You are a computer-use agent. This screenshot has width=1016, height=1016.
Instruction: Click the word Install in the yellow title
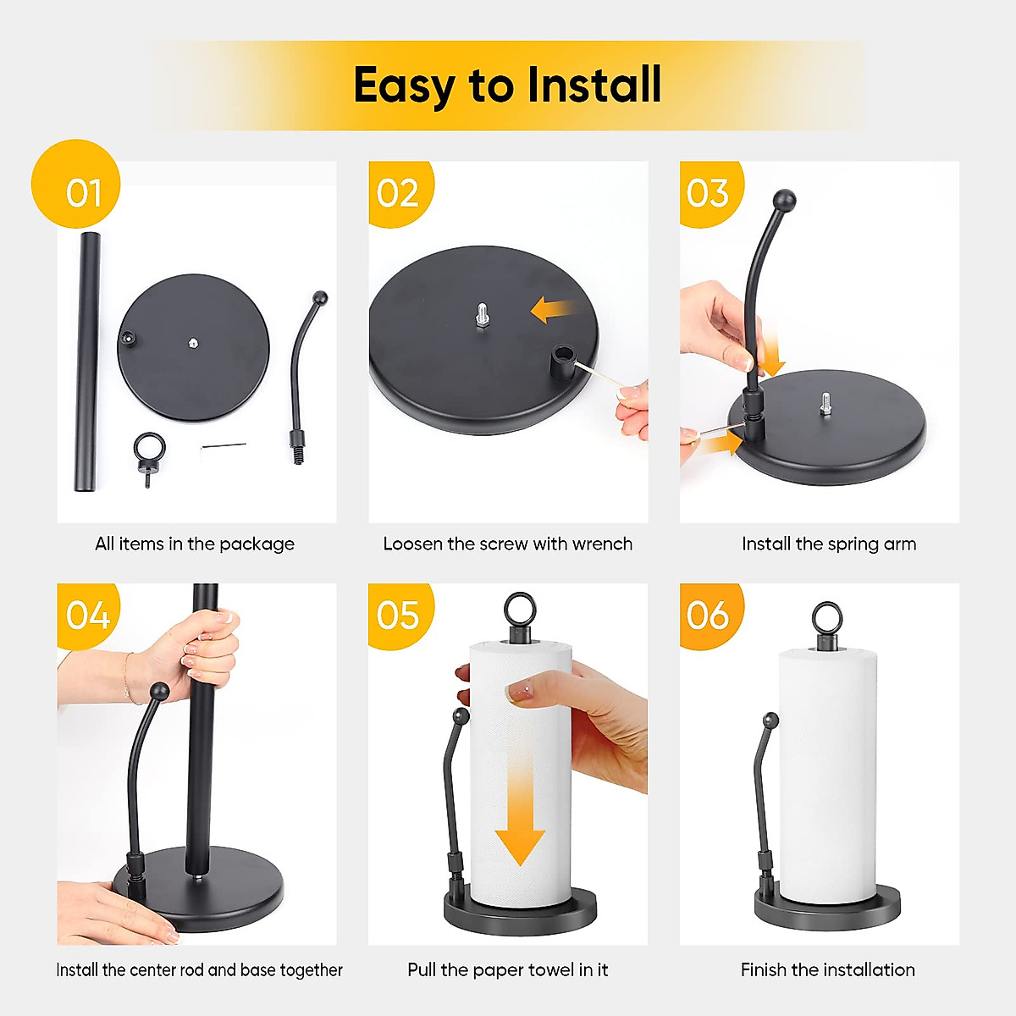[x=593, y=85]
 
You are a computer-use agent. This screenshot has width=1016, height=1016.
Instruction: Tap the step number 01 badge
[x=83, y=193]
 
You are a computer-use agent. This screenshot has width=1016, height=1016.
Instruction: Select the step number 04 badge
[x=88, y=616]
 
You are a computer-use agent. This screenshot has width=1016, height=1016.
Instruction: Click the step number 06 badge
[x=708, y=616]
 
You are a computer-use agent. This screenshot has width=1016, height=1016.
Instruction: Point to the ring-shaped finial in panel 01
[x=150, y=452]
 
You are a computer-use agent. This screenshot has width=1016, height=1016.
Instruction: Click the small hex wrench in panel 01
[x=224, y=445]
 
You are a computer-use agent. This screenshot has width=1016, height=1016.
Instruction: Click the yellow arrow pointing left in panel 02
[x=553, y=310]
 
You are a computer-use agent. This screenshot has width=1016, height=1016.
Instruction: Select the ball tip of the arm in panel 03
[x=784, y=202]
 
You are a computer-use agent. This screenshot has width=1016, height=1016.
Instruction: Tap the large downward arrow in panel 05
[x=519, y=813]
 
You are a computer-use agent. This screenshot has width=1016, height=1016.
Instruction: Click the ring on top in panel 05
[x=517, y=610]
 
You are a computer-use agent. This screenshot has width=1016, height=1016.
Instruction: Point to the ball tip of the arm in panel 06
[x=770, y=721]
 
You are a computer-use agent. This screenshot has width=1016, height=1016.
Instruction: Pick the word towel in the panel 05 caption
[x=550, y=969]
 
